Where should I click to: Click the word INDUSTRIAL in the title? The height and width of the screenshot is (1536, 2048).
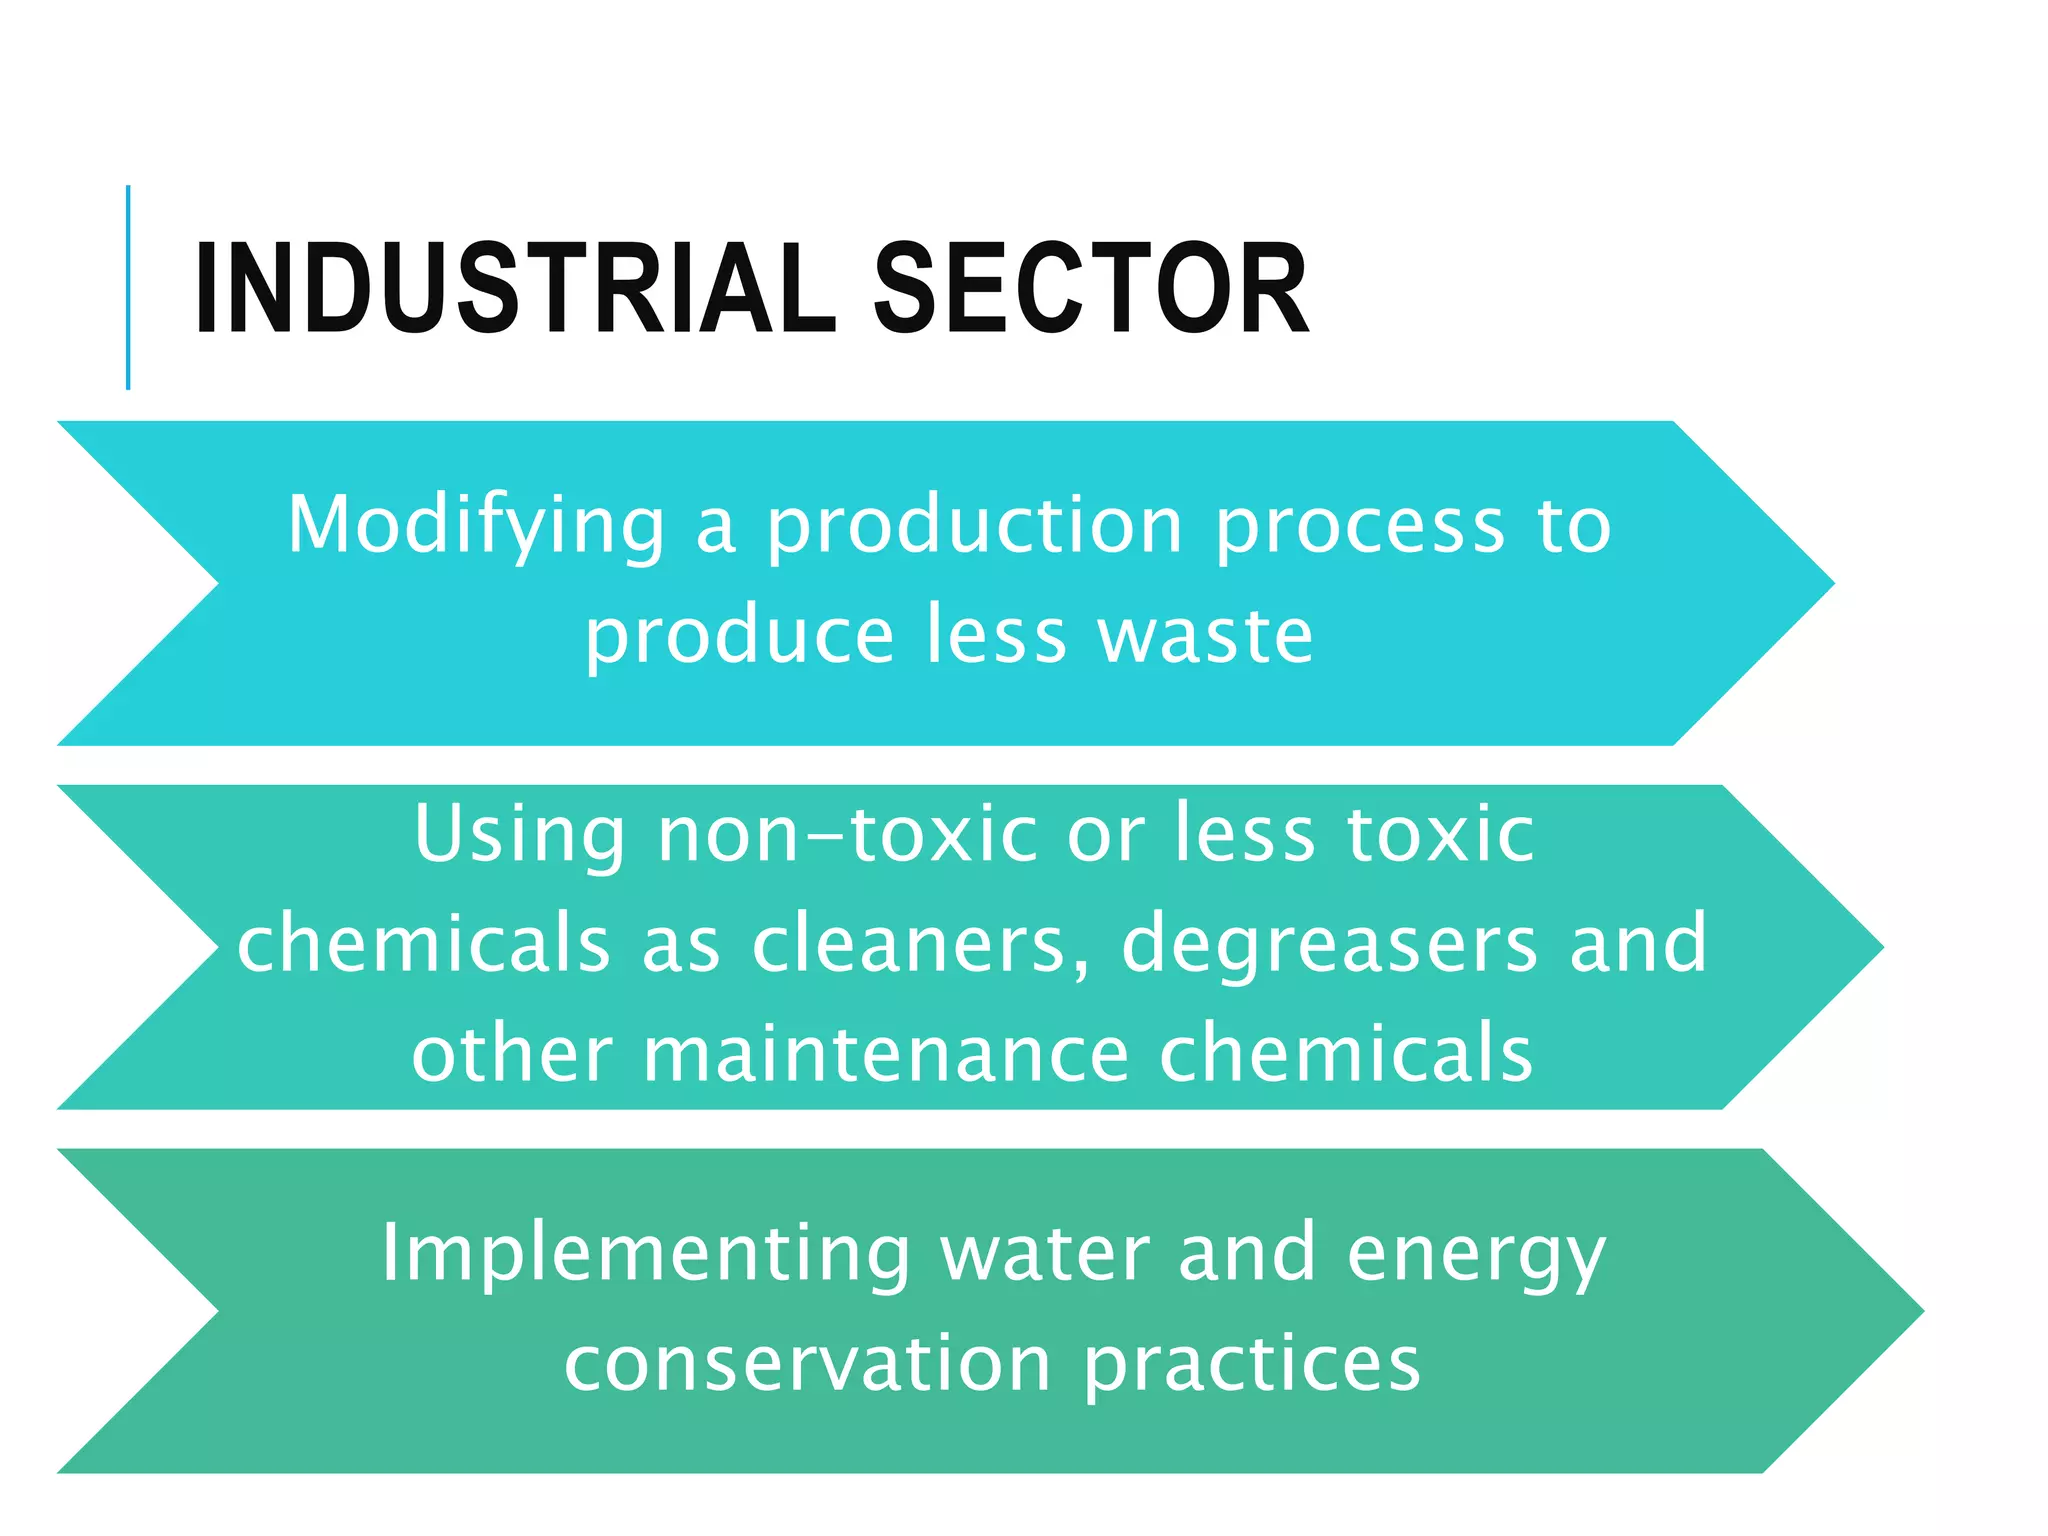[515, 290]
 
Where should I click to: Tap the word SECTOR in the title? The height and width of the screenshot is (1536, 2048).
[1091, 290]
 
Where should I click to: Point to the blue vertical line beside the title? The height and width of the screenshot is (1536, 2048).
[128, 287]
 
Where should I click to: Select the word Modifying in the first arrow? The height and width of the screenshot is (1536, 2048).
[476, 527]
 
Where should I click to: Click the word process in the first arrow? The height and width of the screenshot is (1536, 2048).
[1360, 527]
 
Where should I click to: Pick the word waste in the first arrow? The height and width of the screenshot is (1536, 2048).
[1206, 636]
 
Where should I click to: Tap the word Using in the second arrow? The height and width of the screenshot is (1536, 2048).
[519, 835]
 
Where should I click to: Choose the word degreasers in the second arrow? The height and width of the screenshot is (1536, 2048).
[1329, 944]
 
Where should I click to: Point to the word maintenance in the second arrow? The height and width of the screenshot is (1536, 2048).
[885, 1053]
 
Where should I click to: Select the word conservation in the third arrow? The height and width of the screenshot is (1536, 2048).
[807, 1364]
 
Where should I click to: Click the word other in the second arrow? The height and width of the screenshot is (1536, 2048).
[511, 1053]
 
